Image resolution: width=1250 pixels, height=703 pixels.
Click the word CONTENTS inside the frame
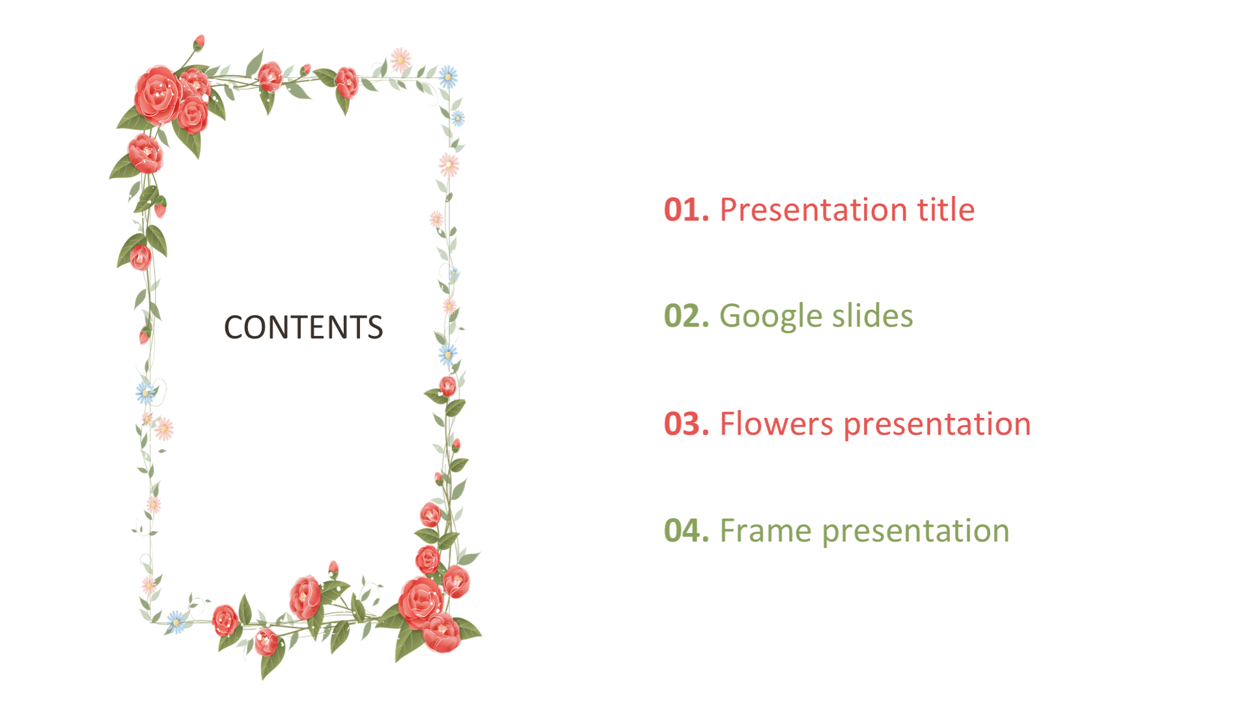click(303, 327)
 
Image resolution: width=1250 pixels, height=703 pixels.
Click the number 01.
click(686, 210)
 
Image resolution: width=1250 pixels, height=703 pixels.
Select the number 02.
click(686, 316)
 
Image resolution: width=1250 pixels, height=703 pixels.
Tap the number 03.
click(686, 424)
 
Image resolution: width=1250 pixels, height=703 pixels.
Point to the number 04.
click(686, 531)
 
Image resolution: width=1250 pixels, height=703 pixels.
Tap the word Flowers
click(776, 424)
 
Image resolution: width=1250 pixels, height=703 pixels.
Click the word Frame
click(766, 531)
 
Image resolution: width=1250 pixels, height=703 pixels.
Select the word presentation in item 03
click(937, 426)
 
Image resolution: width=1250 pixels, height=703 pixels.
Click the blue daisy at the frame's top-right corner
click(448, 77)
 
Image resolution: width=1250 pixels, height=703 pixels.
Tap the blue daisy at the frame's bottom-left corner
click(176, 622)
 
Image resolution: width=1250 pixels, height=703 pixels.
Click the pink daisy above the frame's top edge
click(400, 60)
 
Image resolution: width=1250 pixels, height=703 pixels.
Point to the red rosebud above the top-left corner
click(199, 42)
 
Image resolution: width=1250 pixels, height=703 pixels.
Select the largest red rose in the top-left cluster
click(157, 95)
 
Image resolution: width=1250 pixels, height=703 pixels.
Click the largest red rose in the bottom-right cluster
click(420, 602)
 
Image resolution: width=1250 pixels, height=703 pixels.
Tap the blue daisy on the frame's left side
click(145, 393)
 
